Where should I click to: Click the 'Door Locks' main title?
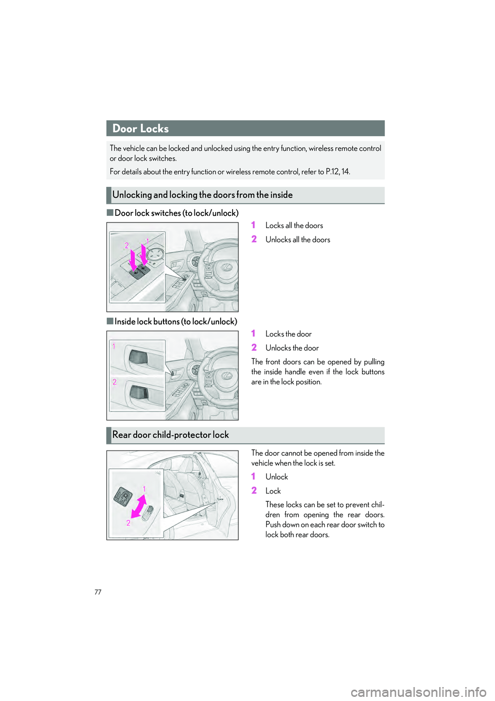coord(140,129)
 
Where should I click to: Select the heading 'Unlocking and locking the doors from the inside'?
coord(202,195)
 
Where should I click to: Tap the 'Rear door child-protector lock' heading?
coord(170,435)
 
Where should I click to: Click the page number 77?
coord(98,592)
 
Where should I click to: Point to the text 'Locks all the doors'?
coord(294,226)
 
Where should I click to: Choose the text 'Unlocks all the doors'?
coord(298,240)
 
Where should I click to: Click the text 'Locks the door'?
coord(288,334)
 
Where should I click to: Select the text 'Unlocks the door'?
coord(292,348)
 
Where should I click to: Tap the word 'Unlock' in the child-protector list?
coord(276,477)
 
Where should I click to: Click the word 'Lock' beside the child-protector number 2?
coord(273,491)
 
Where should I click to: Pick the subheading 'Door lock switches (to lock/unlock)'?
coord(176,213)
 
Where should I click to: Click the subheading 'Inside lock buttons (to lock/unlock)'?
coord(175,321)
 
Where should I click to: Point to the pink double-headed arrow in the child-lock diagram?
coord(139,506)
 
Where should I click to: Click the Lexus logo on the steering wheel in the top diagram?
coord(227,267)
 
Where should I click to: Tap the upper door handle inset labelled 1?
coord(138,357)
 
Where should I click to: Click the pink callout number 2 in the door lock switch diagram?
coord(126,246)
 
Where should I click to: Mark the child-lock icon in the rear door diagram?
coord(123,496)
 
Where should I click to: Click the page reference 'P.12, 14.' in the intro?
coord(338,172)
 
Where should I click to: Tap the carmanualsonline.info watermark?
coord(418,692)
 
